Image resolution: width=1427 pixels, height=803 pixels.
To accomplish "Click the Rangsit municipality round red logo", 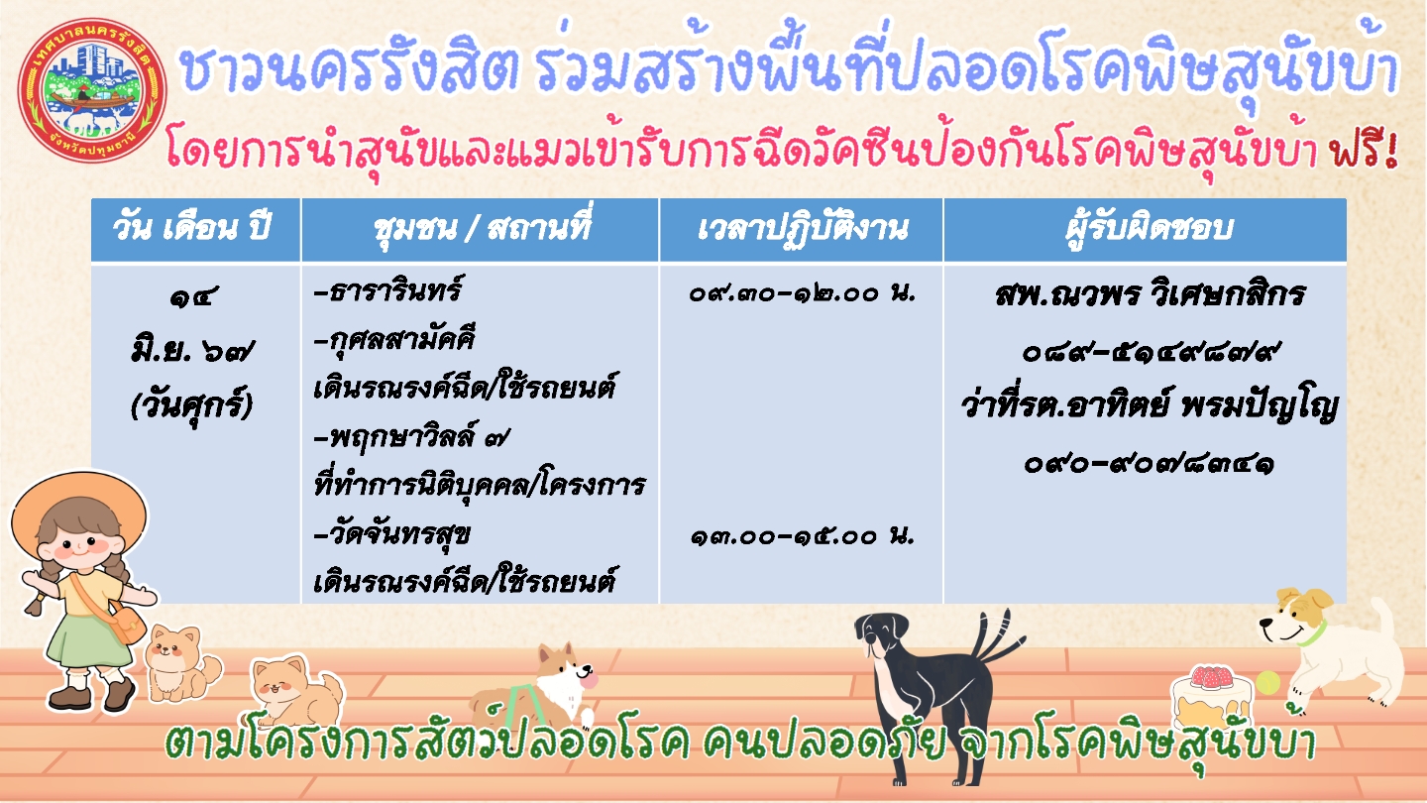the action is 92,90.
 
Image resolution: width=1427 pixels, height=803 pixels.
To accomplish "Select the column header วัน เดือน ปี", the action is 192,228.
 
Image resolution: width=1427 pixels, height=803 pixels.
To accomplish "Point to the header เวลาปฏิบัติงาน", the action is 803,228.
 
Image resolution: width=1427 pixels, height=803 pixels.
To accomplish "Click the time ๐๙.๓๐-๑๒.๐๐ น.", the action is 803,293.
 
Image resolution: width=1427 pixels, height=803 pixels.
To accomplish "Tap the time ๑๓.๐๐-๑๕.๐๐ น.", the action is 803,536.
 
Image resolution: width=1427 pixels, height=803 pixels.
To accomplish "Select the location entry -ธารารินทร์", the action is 388,290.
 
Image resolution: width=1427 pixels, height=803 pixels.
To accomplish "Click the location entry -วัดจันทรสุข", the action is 392,534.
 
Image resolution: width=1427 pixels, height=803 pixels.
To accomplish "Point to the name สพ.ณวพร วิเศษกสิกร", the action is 1150,294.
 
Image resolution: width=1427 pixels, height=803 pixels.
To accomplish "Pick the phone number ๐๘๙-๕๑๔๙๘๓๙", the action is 1150,352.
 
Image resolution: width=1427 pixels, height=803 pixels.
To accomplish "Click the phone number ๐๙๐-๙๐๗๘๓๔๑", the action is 1150,464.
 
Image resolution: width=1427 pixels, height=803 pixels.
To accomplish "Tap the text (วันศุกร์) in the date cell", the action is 192,405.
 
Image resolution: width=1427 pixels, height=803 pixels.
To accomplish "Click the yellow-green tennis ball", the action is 1267,682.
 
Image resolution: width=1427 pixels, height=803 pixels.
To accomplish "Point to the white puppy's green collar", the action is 1312,634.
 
